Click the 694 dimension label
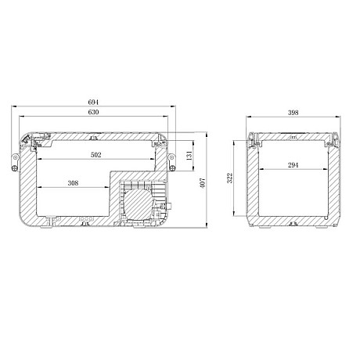click(93, 103)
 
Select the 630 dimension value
click(93, 113)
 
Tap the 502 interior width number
click(95, 155)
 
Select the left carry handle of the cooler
click(14, 161)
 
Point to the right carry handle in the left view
click(172, 161)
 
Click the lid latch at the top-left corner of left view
click(28, 140)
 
